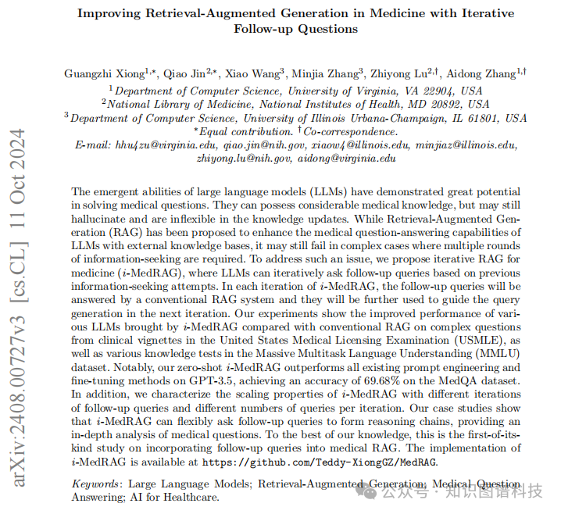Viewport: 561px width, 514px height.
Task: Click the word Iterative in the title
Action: (483, 14)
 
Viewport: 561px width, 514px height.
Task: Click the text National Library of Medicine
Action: (170, 104)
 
